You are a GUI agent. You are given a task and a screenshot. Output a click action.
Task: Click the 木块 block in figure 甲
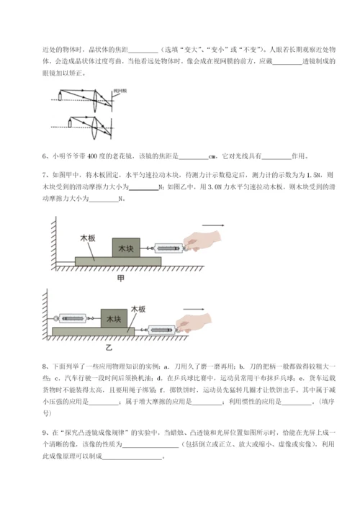tap(127, 248)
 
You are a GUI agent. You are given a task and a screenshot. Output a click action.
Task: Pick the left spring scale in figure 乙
tap(71, 317)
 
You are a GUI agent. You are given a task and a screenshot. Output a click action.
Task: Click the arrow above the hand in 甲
tap(215, 226)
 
